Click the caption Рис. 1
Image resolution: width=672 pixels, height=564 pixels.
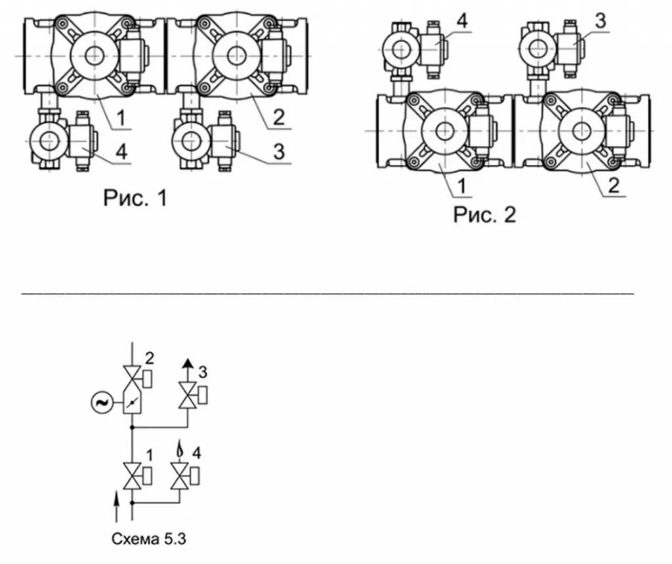pyautogui.click(x=135, y=198)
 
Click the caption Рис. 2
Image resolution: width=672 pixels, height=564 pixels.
pyautogui.click(x=485, y=215)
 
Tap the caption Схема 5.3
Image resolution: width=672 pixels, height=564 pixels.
pyautogui.click(x=149, y=538)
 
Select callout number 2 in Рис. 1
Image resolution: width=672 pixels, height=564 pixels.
pyautogui.click(x=278, y=117)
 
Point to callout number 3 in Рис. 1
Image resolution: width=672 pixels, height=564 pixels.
pyautogui.click(x=278, y=152)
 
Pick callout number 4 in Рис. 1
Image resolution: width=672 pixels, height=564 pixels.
pyautogui.click(x=121, y=152)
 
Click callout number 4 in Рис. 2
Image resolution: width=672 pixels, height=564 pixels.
pyautogui.click(x=462, y=21)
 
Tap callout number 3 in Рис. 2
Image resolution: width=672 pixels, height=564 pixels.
pyautogui.click(x=601, y=21)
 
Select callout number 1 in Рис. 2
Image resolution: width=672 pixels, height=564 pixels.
pyautogui.click(x=461, y=186)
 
